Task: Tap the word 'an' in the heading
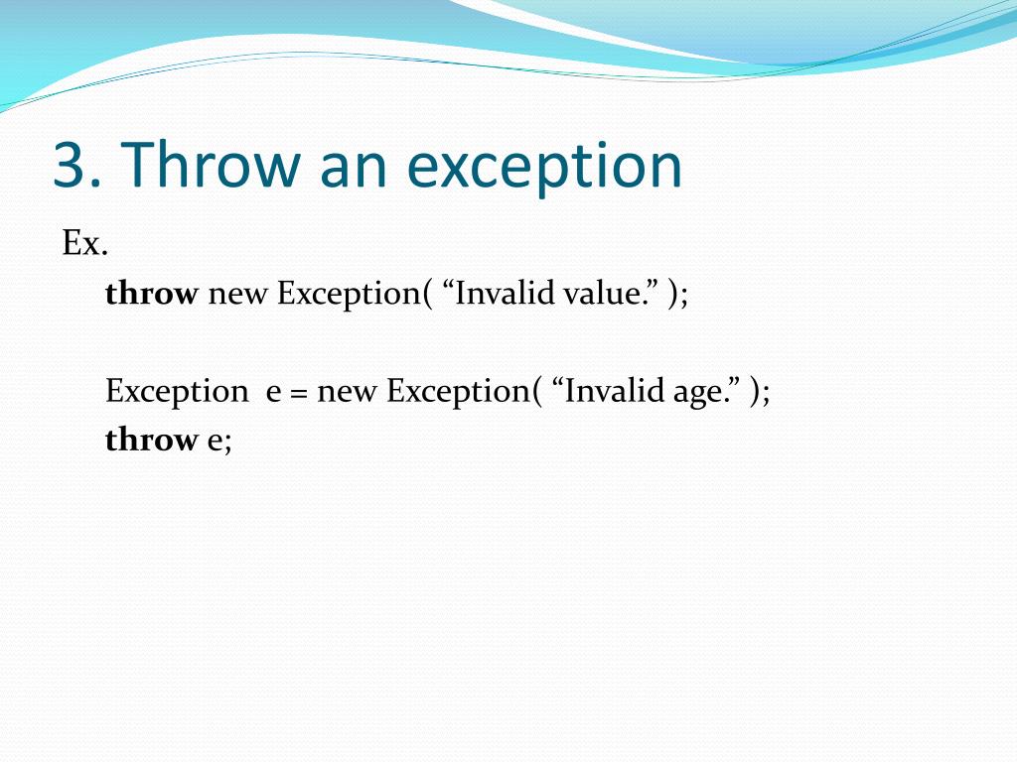(354, 170)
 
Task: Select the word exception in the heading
(545, 169)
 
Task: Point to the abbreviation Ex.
(85, 244)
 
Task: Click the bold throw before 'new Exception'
(151, 293)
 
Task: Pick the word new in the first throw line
(237, 296)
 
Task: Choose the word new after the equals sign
(347, 394)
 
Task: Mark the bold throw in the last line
(151, 440)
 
